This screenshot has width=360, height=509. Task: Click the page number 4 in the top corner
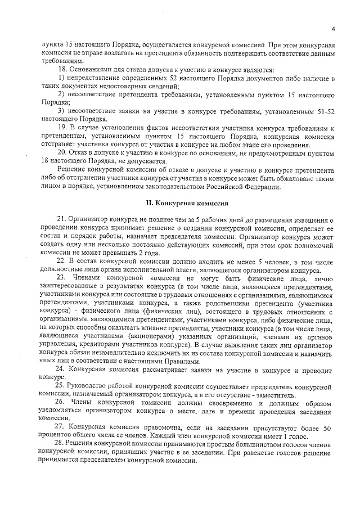333,29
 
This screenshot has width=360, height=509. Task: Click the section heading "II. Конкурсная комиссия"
179,202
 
